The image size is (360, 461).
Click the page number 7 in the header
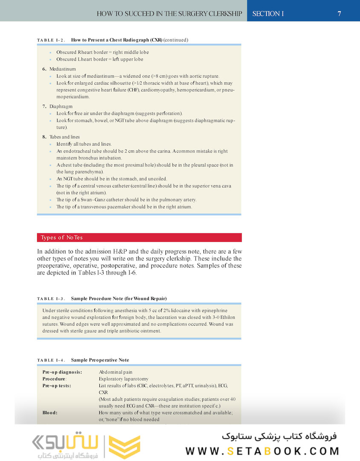339,14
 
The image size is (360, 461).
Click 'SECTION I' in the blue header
268,14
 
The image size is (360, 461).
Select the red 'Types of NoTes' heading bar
139,237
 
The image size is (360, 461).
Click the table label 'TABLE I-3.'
51,298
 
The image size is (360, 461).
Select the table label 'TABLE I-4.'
51,360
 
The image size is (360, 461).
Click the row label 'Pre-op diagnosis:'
62,372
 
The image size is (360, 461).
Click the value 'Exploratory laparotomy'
123,379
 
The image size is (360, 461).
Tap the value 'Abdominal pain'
116,372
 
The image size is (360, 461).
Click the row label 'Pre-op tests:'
57,385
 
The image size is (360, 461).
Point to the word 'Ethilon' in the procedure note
227,318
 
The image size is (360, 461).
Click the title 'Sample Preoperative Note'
100,360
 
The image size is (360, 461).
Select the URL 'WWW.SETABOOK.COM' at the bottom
262,451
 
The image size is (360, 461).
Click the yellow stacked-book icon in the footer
124,447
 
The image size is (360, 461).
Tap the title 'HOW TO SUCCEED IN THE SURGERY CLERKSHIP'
169,14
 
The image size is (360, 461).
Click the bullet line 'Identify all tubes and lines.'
84,144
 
